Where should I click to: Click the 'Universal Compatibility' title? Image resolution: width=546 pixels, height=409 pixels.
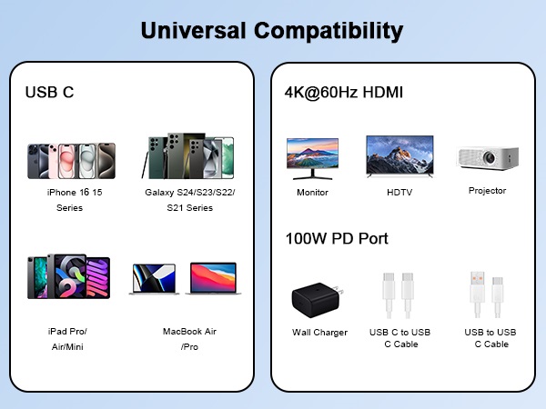tap(272, 31)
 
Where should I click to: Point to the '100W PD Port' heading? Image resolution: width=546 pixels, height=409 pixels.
tap(337, 238)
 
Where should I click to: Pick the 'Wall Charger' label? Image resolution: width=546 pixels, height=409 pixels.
tap(319, 333)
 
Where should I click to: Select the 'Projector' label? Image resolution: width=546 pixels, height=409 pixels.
tap(487, 191)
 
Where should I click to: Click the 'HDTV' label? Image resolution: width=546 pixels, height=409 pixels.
tap(399, 193)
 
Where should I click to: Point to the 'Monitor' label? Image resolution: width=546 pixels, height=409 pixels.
tap(312, 193)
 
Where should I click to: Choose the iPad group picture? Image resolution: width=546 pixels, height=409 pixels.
tap(69, 276)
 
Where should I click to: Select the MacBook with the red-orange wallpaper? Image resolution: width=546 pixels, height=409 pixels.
tap(211, 279)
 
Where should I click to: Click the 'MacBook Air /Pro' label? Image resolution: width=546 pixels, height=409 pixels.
tap(189, 339)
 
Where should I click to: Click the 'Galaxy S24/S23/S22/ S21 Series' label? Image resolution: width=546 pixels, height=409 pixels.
tap(189, 200)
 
